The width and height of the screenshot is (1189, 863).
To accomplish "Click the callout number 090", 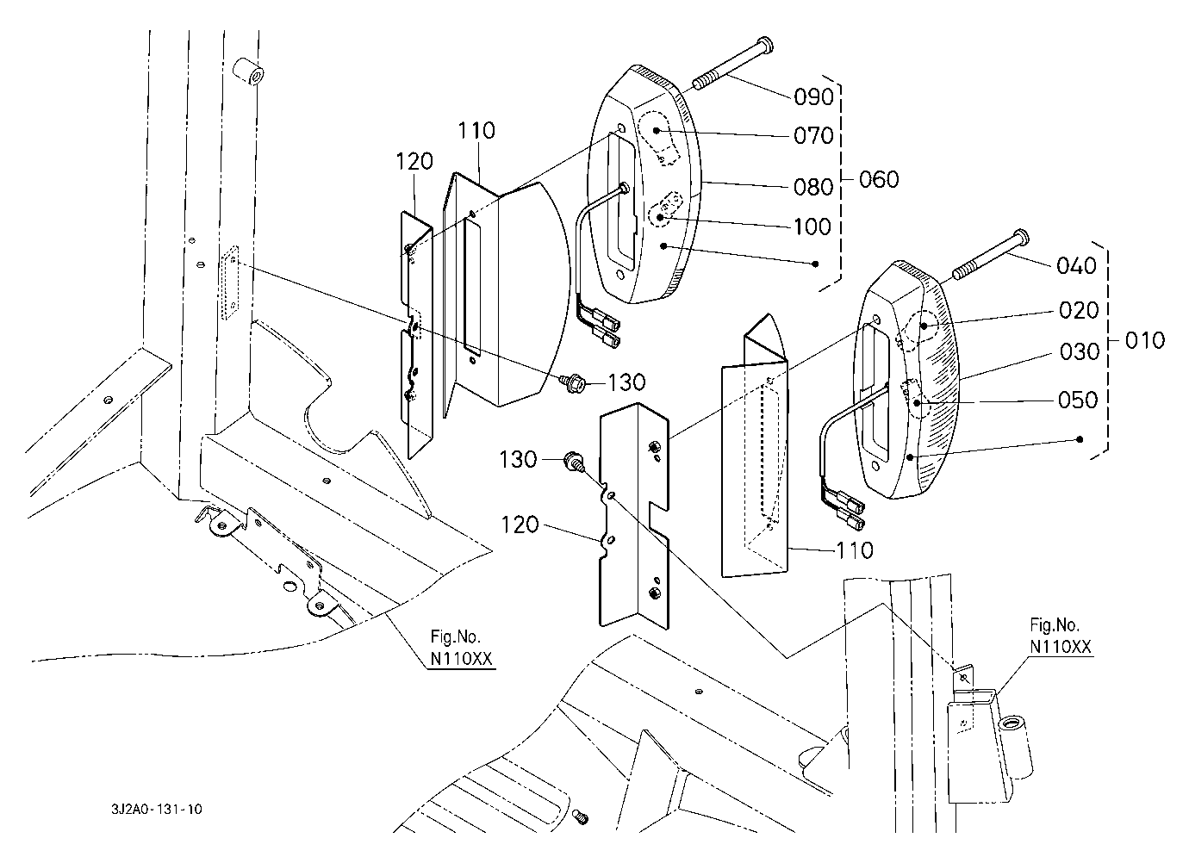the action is pos(813,96).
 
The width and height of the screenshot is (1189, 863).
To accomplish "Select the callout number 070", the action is pos(813,136).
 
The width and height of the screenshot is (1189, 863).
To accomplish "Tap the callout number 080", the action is pos(813,187).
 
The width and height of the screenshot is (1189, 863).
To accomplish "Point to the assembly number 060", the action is pos(879,179).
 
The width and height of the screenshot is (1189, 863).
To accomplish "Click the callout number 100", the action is pos(812,227).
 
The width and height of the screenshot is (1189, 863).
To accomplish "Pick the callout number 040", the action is pos(1076,265).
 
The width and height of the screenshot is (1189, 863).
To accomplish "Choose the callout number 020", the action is pos(1079,310).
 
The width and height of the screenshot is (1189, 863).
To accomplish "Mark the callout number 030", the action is pos(1080,352).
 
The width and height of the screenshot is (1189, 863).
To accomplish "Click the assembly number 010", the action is pos(1145,340).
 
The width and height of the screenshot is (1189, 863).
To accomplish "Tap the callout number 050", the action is pos(1078,400).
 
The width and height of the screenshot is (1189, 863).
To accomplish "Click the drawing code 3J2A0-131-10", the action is pos(157,809).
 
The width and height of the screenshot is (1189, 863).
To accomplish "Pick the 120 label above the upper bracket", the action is pos(414,161).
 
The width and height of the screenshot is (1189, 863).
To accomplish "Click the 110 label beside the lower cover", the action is pos(855,550).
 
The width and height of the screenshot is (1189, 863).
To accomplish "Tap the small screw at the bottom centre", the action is pos(581,816).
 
